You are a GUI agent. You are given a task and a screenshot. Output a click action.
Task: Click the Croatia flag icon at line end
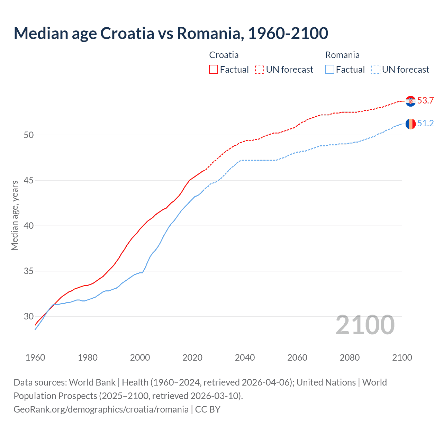pos(410,101)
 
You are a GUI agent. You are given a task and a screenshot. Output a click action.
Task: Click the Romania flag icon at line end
pos(410,124)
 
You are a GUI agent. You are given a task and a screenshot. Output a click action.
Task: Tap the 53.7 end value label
pos(425,101)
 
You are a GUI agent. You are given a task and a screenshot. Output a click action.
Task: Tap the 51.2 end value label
pos(425,124)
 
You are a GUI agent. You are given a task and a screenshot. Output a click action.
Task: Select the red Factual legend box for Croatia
pos(214,70)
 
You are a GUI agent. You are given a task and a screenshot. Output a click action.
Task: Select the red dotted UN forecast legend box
pos(260,70)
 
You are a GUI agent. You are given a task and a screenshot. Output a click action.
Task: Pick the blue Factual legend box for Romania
pos(329,70)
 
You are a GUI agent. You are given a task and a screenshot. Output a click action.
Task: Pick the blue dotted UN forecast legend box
pos(376,70)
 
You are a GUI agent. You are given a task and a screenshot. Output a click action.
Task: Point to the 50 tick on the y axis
pos(29,135)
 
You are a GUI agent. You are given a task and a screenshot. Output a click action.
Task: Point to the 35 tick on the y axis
pos(29,271)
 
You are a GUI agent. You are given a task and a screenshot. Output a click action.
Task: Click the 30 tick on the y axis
pos(29,316)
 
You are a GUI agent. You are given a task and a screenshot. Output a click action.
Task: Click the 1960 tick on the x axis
pos(35,358)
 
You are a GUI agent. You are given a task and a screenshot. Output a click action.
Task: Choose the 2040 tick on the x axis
pos(245,358)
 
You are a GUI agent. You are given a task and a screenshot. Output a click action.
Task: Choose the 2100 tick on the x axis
pos(402,358)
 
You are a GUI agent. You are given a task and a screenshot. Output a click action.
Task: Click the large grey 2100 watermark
pos(365,325)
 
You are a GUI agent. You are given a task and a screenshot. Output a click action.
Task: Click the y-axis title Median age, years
pos(15,215)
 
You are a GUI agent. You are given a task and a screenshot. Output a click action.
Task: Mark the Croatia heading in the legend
pos(224,55)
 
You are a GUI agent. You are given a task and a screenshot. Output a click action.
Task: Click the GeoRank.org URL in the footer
pos(101,409)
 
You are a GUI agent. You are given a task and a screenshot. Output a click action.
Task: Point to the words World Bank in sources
pos(92,382)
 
